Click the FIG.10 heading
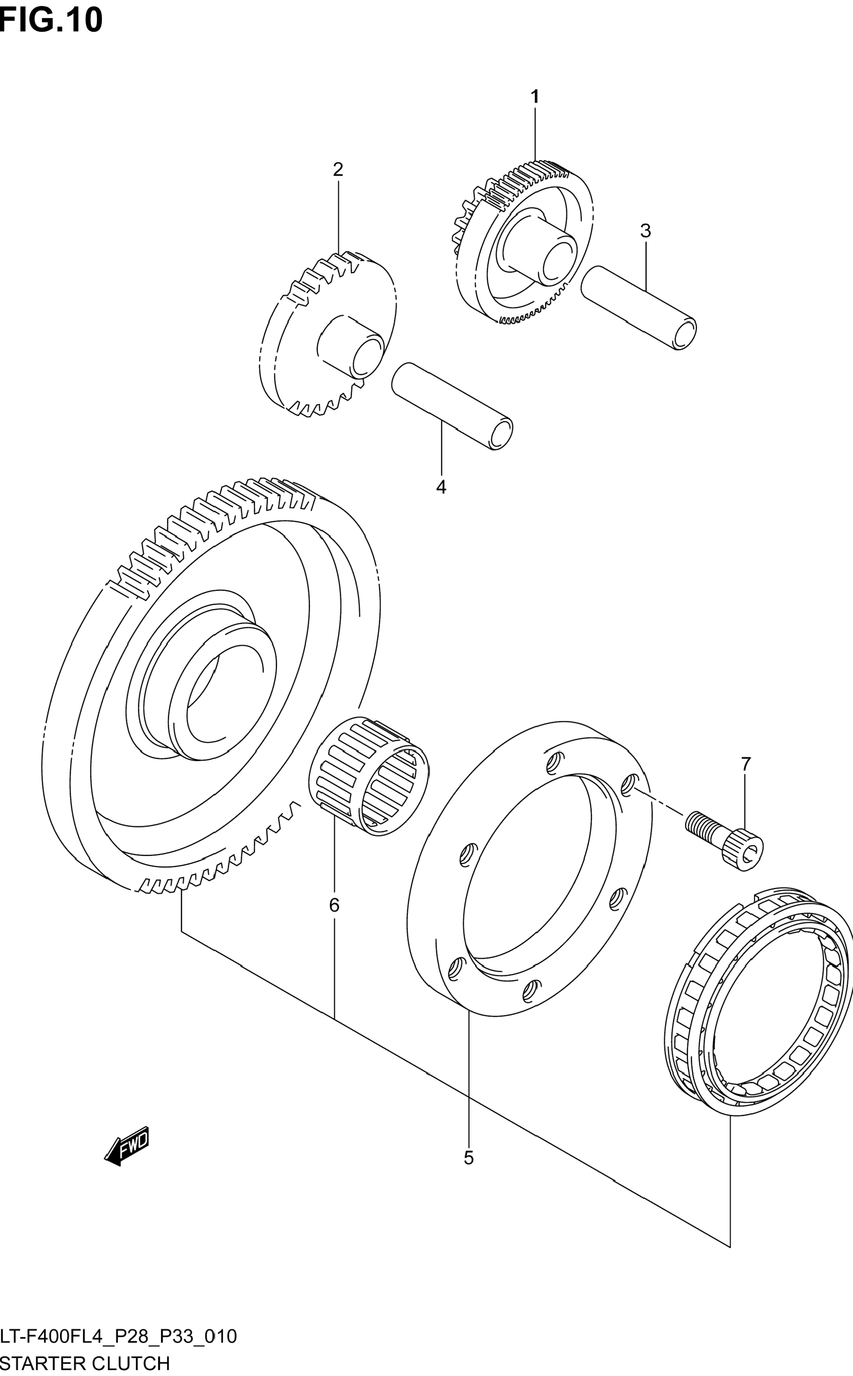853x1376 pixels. pyautogui.click(x=51, y=20)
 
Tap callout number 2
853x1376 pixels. pyautogui.click(x=338, y=169)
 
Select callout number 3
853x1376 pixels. pyautogui.click(x=645, y=231)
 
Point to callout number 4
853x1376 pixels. pyautogui.click(x=441, y=487)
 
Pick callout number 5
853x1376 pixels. pyautogui.click(x=468, y=1158)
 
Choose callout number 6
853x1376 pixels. pyautogui.click(x=334, y=906)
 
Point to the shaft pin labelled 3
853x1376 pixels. pyautogui.click(x=637, y=307)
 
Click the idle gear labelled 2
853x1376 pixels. pyautogui.click(x=327, y=333)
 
